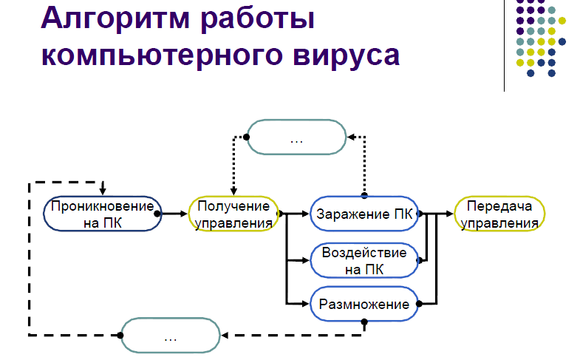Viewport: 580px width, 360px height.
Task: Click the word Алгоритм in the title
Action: pos(115,19)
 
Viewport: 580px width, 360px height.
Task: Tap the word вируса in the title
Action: pos(347,56)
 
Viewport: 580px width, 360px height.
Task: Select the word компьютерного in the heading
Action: pos(161,56)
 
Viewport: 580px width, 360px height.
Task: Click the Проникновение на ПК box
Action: pos(103,214)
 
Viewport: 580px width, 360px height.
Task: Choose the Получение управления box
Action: pos(233,214)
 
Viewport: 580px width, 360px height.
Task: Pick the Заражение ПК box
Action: pos(364,214)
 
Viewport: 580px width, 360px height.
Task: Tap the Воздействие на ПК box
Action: pos(364,260)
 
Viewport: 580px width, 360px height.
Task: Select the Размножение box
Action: pos(364,304)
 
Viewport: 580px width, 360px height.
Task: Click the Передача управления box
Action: pos(499,214)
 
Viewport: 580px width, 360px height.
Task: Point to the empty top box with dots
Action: pos(297,137)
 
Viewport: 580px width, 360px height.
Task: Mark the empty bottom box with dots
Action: pos(171,335)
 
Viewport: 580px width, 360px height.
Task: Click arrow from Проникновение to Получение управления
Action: pos(172,214)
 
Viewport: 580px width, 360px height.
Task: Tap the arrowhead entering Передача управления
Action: pos(450,214)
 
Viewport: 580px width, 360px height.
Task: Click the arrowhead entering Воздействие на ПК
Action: pos(306,260)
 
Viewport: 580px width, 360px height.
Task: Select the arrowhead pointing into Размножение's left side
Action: pos(306,304)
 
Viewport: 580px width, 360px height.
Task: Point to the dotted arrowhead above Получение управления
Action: pos(233,191)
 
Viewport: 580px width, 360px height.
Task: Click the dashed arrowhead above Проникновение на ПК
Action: pos(103,191)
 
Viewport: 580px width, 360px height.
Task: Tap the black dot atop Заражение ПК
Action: pos(364,195)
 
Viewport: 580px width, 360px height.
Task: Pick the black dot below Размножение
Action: pos(364,322)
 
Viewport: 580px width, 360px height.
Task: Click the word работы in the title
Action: pos(258,19)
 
